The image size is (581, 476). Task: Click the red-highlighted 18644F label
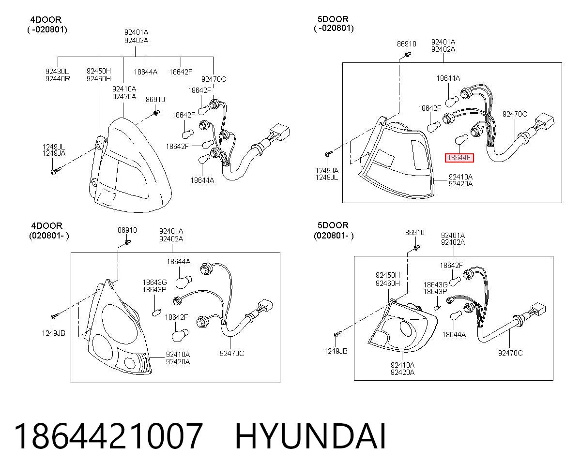click(459, 158)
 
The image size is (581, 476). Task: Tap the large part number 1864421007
click(108, 436)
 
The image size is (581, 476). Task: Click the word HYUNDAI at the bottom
click(310, 437)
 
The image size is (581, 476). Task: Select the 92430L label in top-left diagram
click(57, 71)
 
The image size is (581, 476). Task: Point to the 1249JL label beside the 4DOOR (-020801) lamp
click(53, 147)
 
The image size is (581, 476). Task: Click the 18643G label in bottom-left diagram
click(154, 283)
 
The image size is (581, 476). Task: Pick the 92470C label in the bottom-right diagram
click(510, 353)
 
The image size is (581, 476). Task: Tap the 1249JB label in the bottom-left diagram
click(53, 333)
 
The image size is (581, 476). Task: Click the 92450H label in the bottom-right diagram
click(388, 275)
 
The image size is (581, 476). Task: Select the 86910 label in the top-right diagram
click(406, 44)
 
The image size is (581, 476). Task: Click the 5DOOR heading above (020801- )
click(333, 225)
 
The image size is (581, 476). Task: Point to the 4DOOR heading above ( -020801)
click(46, 20)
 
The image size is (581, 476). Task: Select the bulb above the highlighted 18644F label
click(461, 139)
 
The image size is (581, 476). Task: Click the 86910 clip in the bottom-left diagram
click(127, 243)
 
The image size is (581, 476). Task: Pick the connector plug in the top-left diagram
click(280, 133)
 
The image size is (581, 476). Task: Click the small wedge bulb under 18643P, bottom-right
click(437, 308)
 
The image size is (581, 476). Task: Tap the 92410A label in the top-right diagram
click(460, 177)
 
